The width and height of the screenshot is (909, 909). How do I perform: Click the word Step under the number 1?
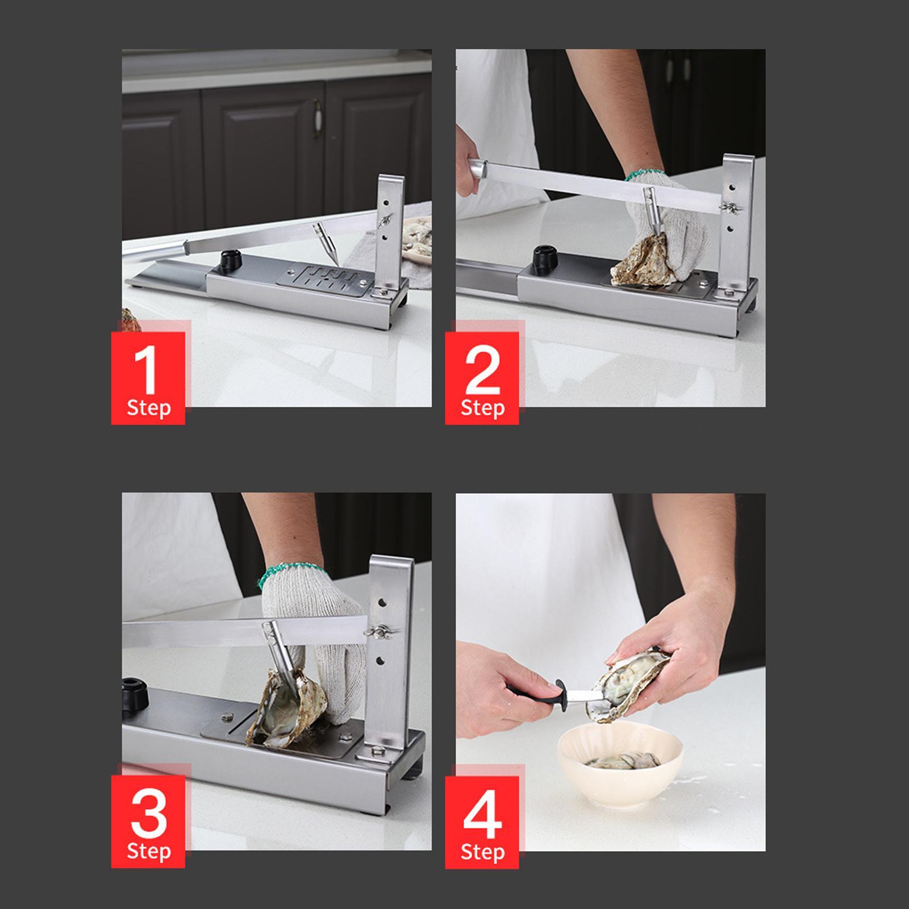(x=149, y=408)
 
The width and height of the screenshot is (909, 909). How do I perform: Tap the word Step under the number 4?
(x=482, y=852)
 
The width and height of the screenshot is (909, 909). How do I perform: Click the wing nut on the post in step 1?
(x=386, y=220)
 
